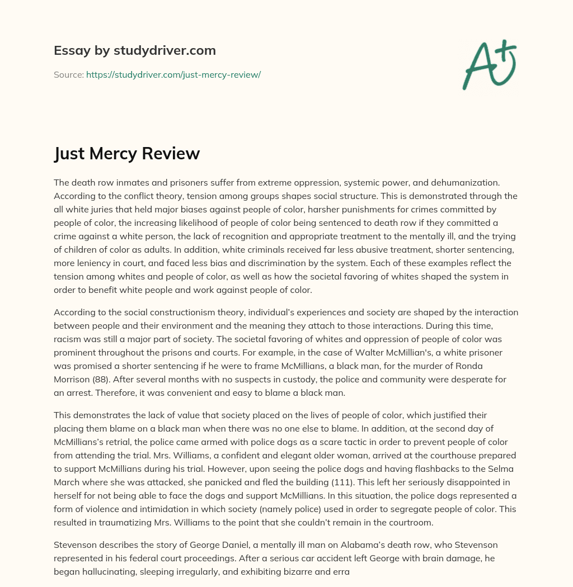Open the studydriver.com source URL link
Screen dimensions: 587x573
pyautogui.click(x=173, y=74)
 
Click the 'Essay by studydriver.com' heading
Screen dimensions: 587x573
pyautogui.click(x=135, y=50)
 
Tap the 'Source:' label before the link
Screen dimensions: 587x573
pyautogui.click(x=69, y=74)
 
